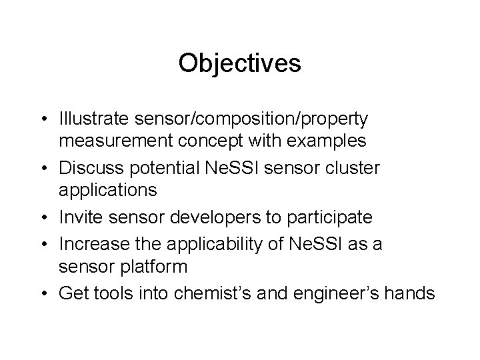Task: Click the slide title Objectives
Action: click(240, 63)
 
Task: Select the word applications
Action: click(108, 190)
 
